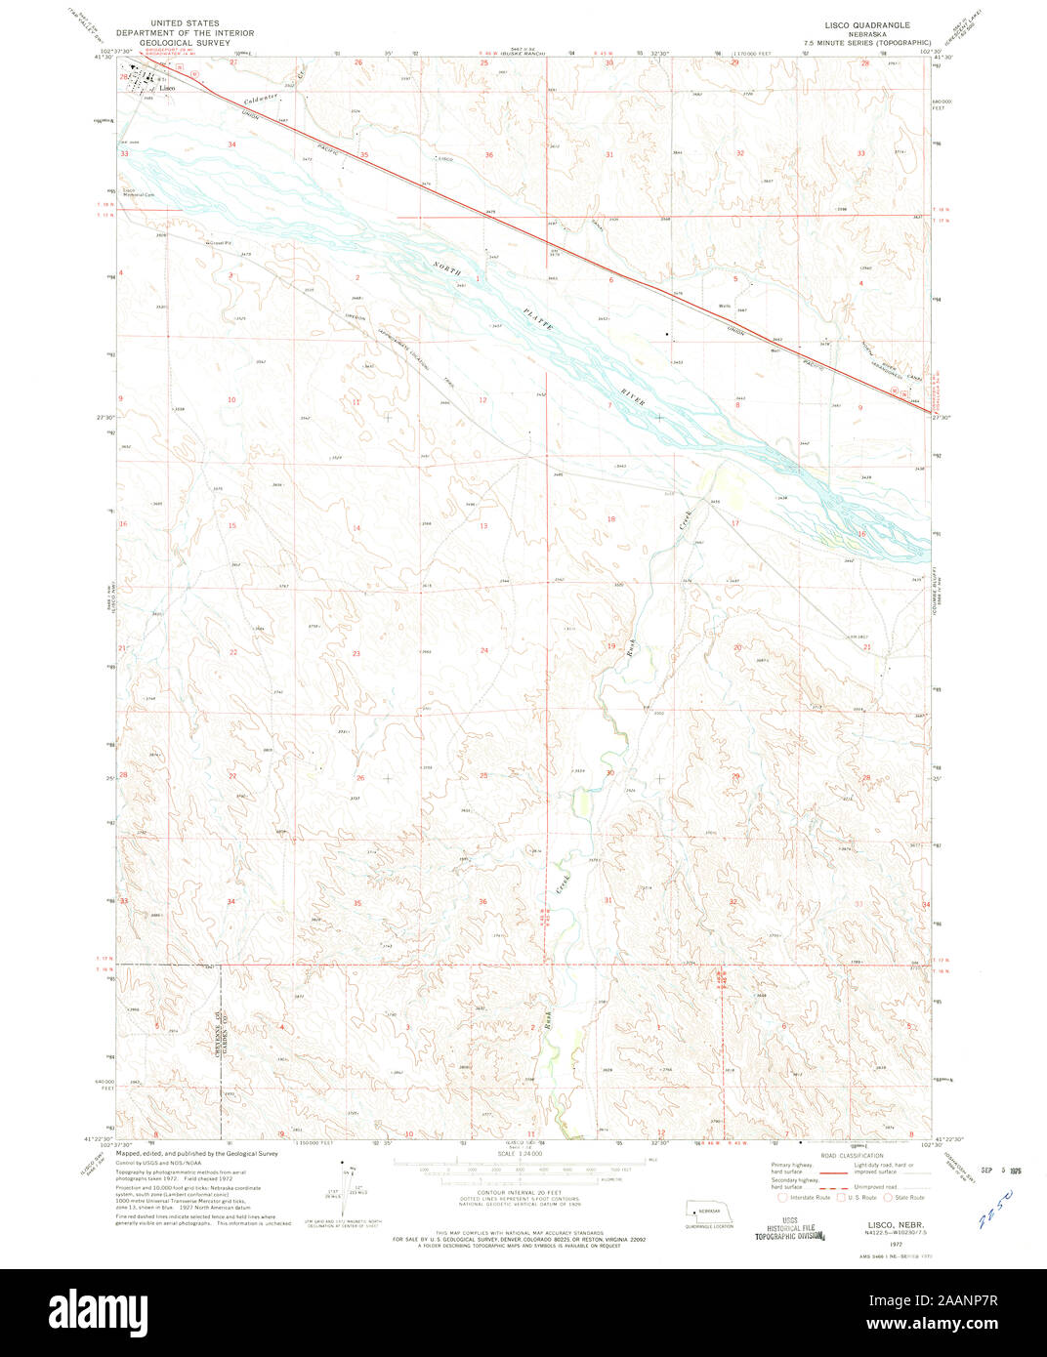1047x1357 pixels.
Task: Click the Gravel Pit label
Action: click(218, 242)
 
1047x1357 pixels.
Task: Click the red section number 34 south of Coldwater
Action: click(231, 144)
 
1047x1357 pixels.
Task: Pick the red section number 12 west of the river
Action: click(482, 400)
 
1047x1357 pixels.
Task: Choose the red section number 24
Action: click(483, 650)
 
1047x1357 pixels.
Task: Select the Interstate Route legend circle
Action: click(783, 1197)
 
